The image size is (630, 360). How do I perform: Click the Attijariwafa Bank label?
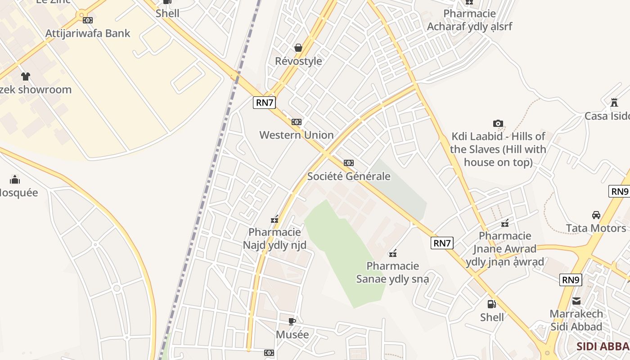88,33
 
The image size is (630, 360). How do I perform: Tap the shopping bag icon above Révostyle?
298,48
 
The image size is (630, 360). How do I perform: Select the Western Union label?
297,135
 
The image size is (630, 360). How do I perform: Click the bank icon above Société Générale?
349,163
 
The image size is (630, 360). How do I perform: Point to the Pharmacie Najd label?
274,238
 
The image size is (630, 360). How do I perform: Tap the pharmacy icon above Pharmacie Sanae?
393,253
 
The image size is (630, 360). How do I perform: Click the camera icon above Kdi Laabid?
498,123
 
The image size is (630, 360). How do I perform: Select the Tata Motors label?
596,228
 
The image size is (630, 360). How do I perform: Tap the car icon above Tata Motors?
596,215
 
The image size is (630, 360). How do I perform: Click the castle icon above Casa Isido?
614,103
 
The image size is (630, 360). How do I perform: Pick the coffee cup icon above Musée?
292,321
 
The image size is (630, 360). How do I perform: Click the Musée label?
292,335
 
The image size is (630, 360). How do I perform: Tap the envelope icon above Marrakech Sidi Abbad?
576,301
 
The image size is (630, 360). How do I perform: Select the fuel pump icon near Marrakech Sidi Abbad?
492,304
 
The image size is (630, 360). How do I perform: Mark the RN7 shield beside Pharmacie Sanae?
442,243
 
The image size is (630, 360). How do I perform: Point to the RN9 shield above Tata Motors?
619,191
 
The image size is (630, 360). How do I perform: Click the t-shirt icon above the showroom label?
26,76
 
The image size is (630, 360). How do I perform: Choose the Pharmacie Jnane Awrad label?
505,249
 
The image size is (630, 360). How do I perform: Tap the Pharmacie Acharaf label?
469,20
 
